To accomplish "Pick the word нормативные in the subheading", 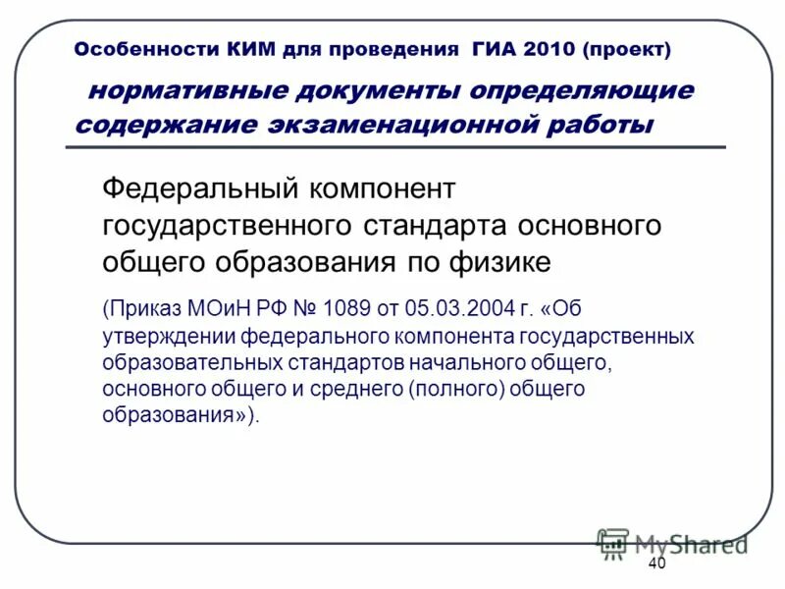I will [185, 91].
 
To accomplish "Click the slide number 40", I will [657, 563].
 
